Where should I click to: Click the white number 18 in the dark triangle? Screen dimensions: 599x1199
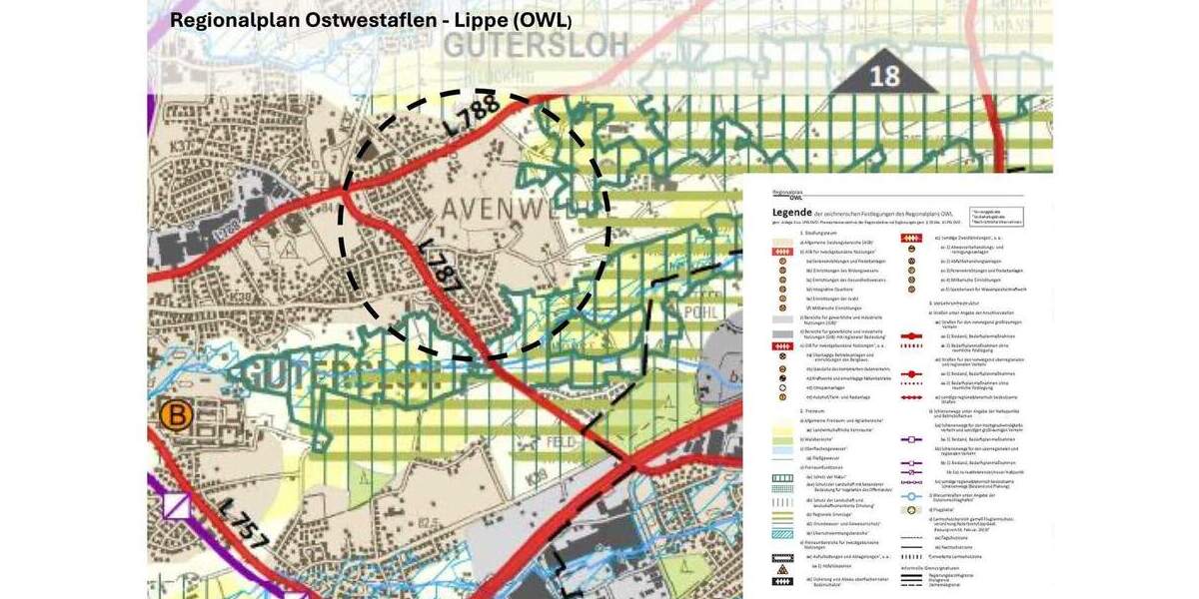(884, 76)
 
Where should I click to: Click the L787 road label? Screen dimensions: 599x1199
(441, 268)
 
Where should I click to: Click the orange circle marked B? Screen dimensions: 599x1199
(176, 414)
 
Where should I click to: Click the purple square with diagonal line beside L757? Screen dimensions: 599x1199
(177, 505)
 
